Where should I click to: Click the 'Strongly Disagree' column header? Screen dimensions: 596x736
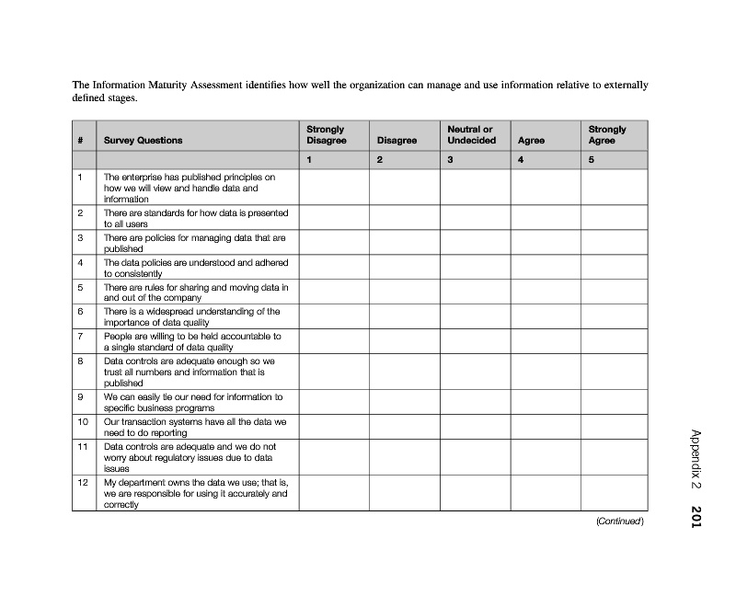326,135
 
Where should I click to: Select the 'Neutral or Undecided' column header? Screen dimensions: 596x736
471,135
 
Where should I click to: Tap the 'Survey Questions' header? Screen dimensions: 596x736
143,141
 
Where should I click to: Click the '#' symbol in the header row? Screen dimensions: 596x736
81,141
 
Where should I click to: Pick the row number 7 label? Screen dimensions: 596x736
81,337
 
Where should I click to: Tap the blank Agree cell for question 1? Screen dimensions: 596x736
545,187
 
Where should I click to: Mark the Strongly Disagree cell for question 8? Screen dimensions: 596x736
334,372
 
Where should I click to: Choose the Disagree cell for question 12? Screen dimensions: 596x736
404,493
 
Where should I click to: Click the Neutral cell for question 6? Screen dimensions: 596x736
475,317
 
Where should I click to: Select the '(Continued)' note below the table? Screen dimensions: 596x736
619,521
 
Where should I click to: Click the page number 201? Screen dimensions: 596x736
696,517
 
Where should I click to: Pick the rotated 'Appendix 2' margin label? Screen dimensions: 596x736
696,459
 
